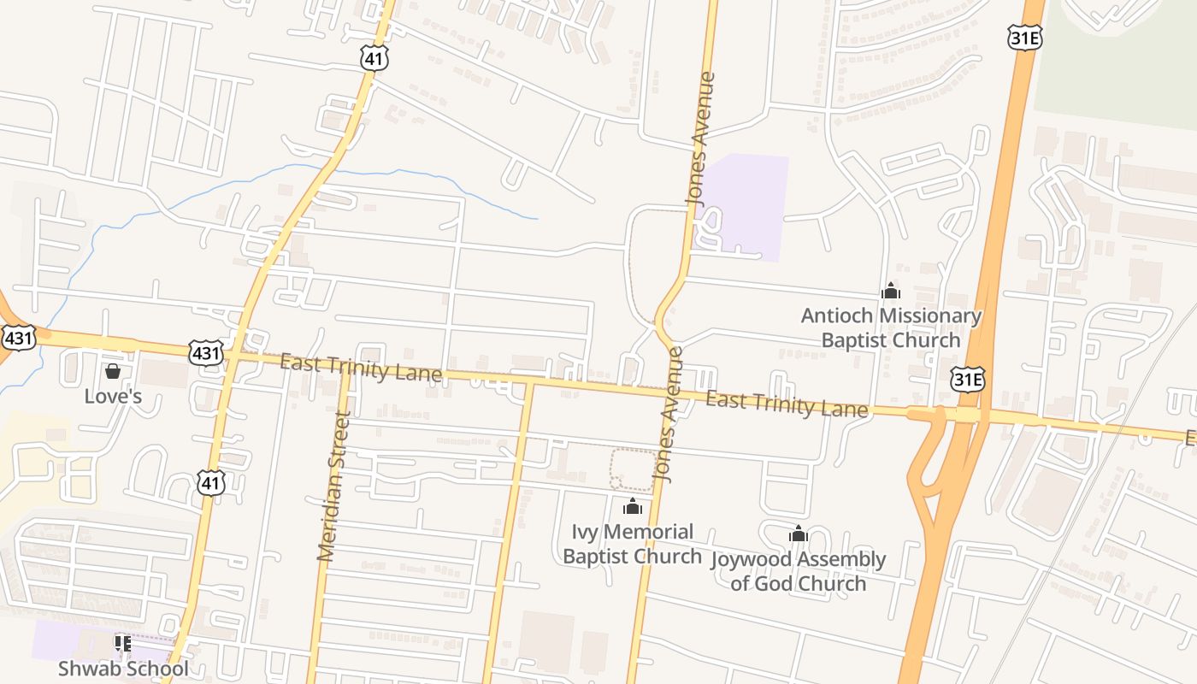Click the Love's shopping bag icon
[112, 371]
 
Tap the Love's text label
[112, 397]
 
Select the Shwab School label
[123, 668]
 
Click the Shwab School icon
[123, 642]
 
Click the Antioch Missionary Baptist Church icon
[891, 292]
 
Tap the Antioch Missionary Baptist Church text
[891, 327]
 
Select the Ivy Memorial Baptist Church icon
[633, 507]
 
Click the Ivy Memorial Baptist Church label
[633, 544]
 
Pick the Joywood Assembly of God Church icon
[799, 535]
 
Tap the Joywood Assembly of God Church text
[799, 571]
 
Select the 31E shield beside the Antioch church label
[967, 379]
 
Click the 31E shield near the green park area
[1024, 37]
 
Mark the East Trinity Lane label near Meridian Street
[361, 369]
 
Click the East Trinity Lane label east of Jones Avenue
[787, 404]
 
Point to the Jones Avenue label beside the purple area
[700, 139]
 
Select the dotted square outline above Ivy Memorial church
[634, 469]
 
